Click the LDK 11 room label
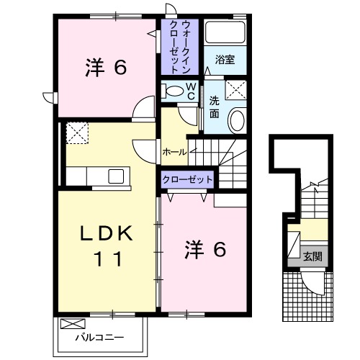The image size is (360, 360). (x=107, y=245)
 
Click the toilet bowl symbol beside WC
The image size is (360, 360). (x=174, y=91)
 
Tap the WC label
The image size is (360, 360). (x=192, y=91)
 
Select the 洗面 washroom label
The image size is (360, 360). (x=215, y=107)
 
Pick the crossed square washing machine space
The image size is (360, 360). (x=234, y=89)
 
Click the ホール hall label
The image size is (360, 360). (x=175, y=152)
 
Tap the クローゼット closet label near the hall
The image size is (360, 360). (x=187, y=179)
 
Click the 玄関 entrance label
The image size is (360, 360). (x=312, y=256)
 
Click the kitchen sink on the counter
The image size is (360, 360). (x=115, y=176)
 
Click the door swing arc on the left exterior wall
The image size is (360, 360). (x=48, y=96)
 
